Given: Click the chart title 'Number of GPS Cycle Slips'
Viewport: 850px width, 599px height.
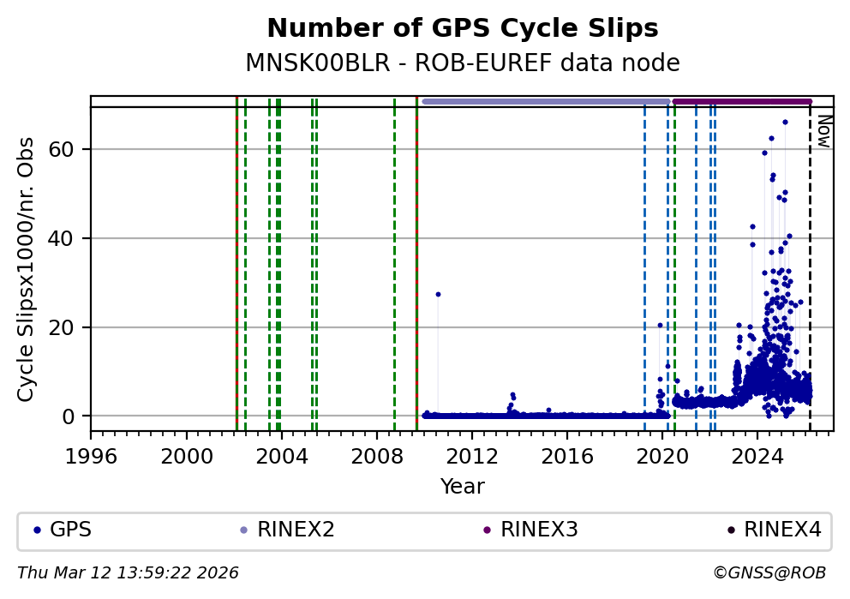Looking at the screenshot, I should point(463,28).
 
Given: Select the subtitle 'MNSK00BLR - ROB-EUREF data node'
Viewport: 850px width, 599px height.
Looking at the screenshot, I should point(463,63).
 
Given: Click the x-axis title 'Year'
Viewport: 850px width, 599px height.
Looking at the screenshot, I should point(463,487).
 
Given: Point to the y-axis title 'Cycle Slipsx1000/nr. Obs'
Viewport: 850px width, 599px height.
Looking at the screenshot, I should point(27,269).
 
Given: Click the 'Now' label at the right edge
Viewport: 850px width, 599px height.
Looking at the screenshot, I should point(823,130).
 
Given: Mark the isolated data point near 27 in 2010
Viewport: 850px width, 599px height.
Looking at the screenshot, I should point(438,294).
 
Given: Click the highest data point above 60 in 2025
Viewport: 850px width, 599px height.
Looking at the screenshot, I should point(785,122).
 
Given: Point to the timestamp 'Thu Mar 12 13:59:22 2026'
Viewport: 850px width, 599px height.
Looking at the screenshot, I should point(129,572).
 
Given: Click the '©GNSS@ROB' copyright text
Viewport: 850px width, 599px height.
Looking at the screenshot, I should point(769,572).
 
